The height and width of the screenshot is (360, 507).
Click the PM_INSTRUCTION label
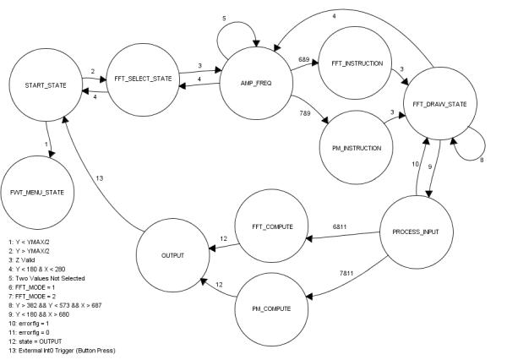tap(355, 147)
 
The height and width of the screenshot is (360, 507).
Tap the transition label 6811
tap(341, 228)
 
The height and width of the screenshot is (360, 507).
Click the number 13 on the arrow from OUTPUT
tap(99, 178)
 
